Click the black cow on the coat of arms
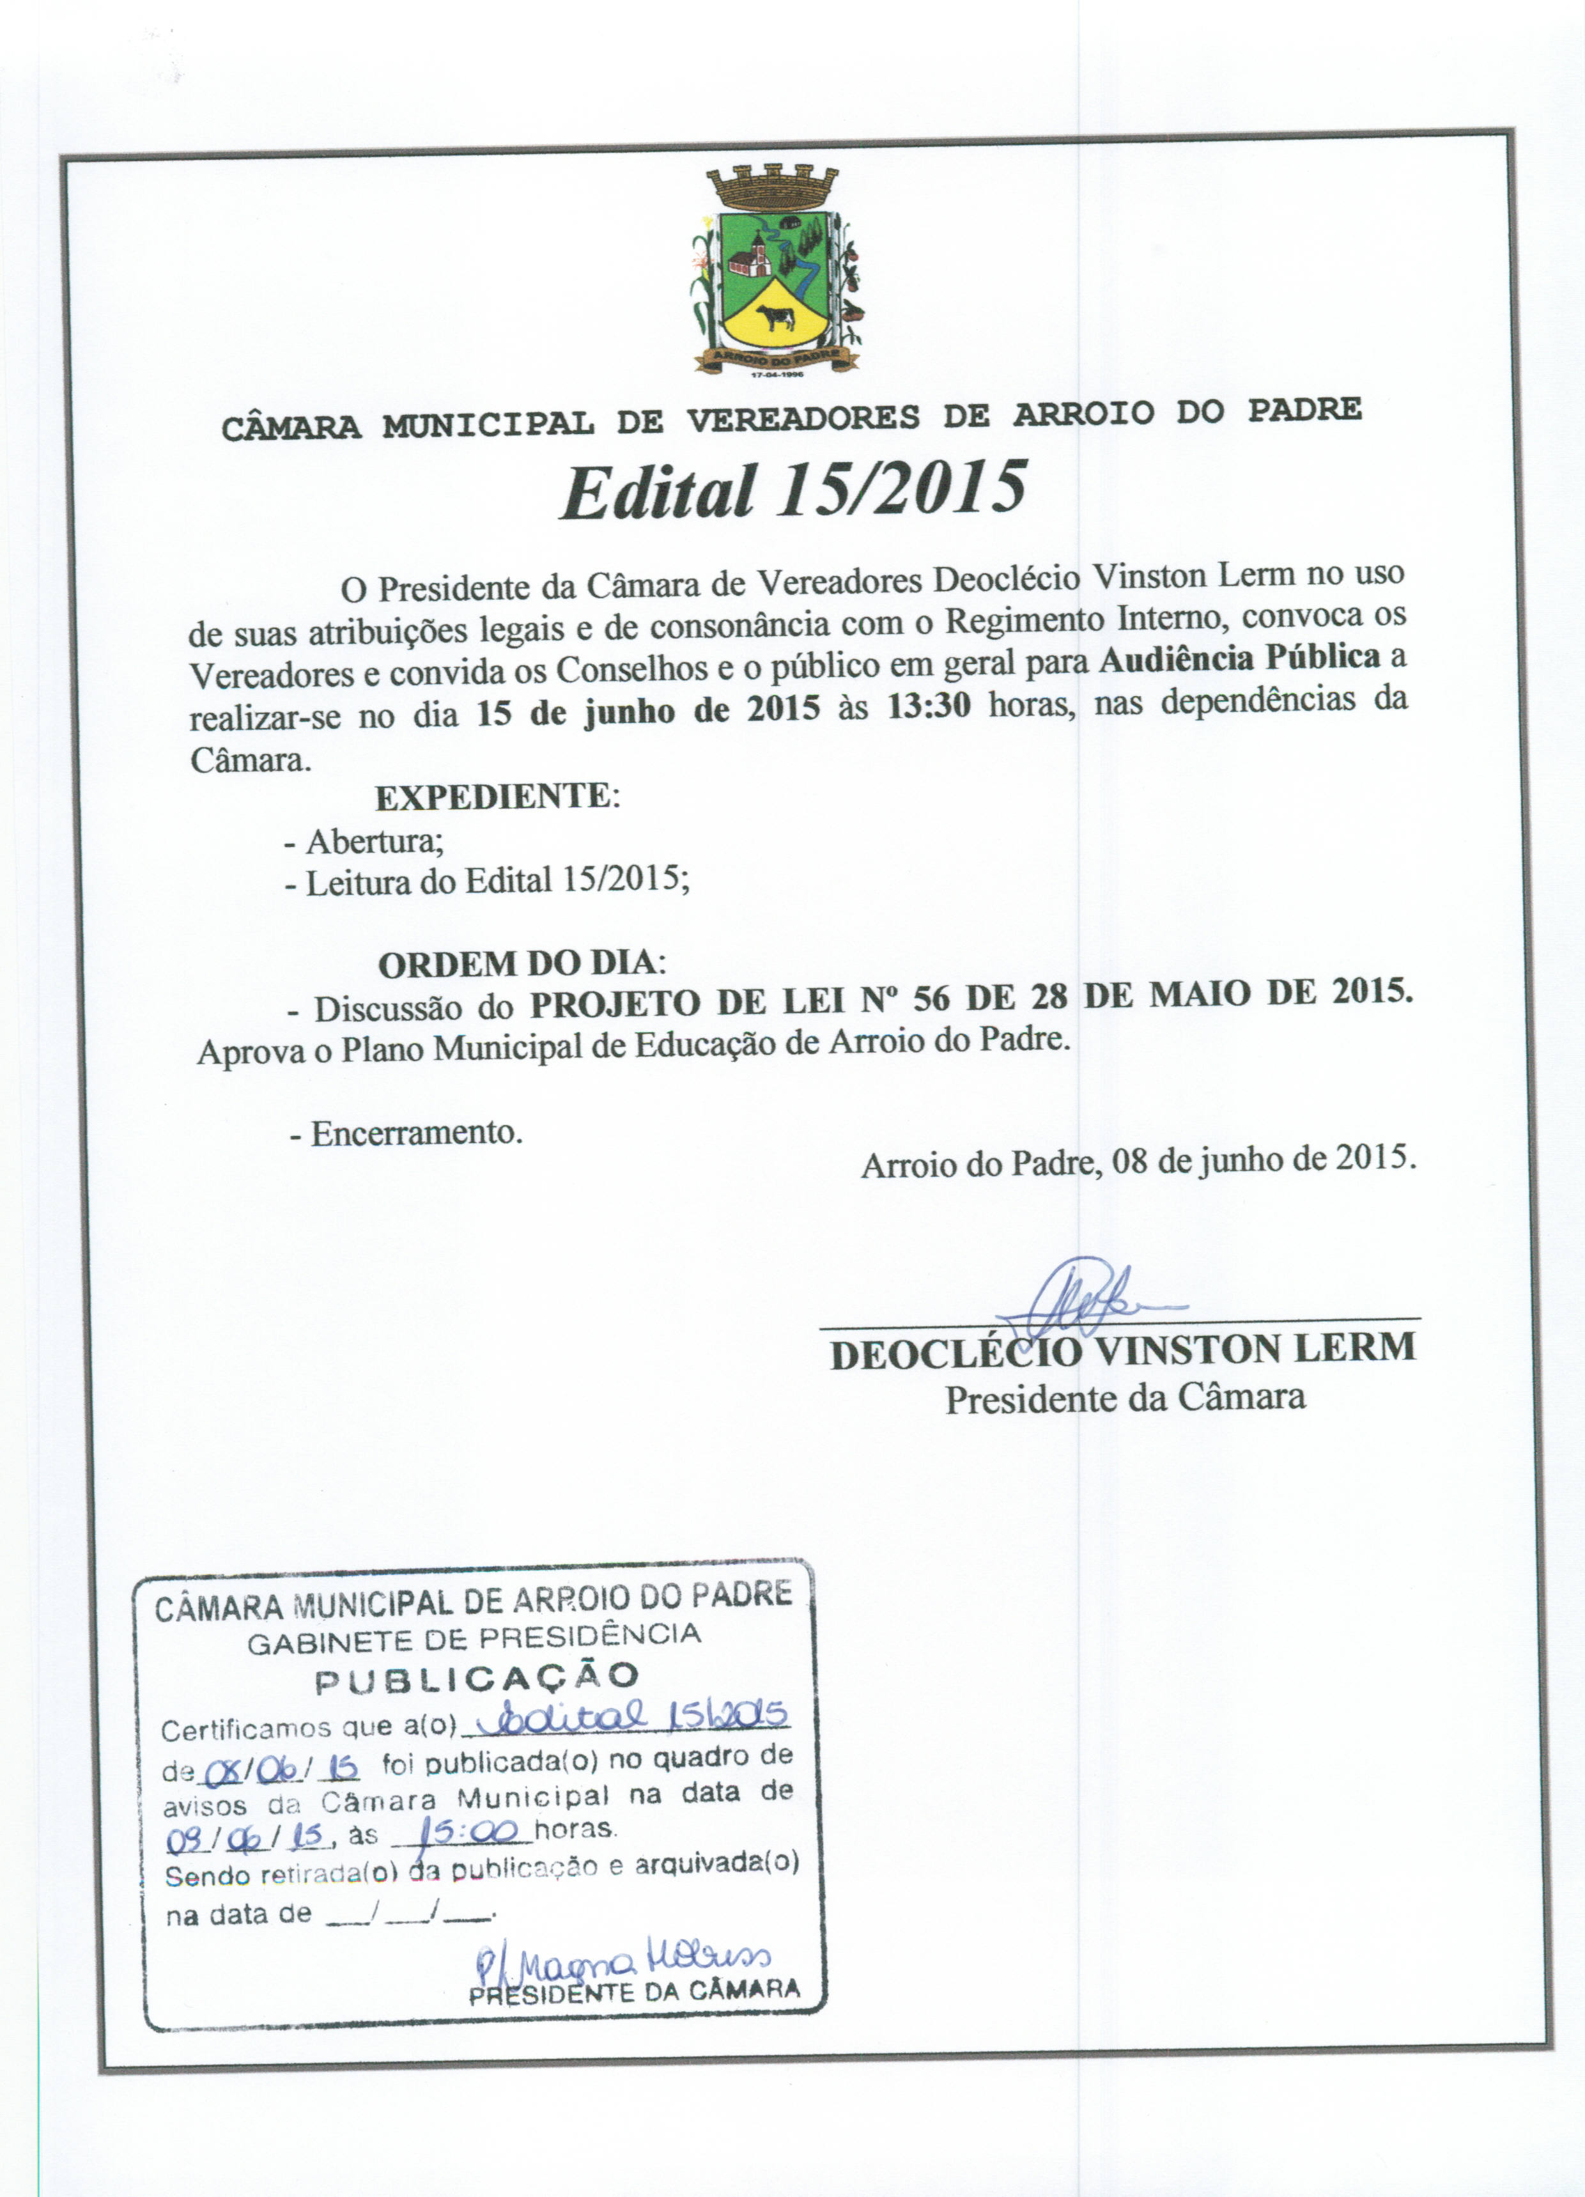[775, 317]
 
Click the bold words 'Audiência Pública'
[1239, 658]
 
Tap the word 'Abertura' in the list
[373, 841]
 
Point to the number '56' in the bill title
[931, 998]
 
